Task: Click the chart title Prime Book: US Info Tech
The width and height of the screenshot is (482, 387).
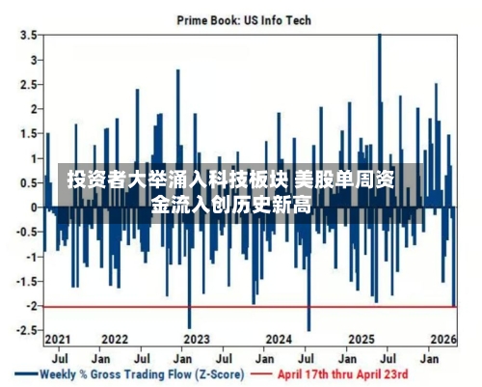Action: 244,20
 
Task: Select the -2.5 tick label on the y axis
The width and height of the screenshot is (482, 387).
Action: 27,330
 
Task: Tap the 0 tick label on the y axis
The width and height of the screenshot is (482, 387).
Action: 34,207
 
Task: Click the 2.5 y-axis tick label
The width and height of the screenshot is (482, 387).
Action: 29,85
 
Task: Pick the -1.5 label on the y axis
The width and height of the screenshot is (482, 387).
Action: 27,282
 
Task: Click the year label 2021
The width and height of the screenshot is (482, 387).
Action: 58,340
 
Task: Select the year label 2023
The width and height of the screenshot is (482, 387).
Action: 197,340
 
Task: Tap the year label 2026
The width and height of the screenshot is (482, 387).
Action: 443,340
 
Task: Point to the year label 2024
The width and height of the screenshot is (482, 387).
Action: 279,340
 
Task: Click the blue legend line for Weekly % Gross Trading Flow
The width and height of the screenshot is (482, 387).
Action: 26,374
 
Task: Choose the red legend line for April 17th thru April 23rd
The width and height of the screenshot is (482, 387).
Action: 261,374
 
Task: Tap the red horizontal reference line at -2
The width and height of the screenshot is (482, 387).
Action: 250,307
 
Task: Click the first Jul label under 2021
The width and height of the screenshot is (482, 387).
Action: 60,359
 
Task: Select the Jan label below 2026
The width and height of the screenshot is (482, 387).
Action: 429,359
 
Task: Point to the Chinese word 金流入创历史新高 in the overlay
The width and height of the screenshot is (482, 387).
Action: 231,204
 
